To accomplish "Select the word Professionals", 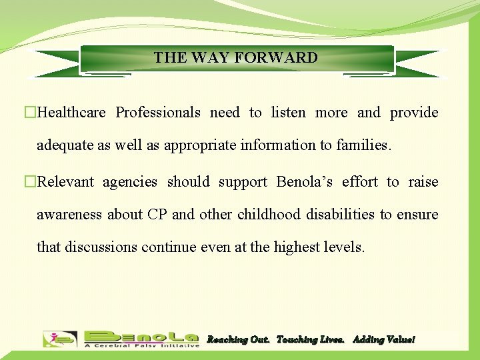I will pos(158,113).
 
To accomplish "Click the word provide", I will pos(414,113).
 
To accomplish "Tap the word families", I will pos(363,145).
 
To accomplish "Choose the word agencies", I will pos(129,182).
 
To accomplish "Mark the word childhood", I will pos(271,215).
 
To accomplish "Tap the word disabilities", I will pos(341,215).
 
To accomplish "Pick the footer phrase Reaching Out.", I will pos(238,340).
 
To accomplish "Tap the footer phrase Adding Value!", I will pos(383,340).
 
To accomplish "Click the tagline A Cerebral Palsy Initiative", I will pos(142,345).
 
